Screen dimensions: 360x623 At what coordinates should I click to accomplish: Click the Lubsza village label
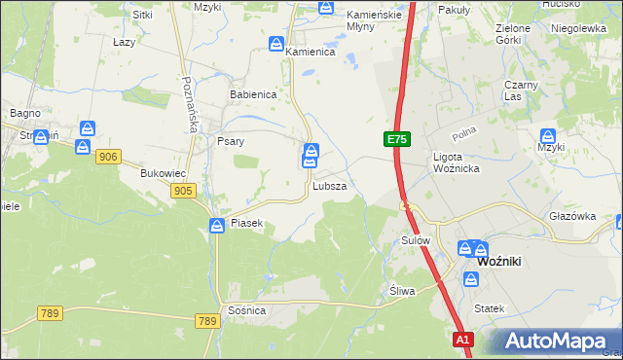pyautogui.click(x=329, y=185)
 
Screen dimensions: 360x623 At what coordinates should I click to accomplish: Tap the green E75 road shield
pyautogui.click(x=396, y=140)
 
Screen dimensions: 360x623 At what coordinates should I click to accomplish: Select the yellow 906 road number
pyautogui.click(x=108, y=157)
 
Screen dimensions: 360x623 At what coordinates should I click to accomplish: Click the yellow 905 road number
pyautogui.click(x=182, y=191)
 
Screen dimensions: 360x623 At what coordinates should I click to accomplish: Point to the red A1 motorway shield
pyautogui.click(x=463, y=340)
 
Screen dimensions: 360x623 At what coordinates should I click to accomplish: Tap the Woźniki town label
pyautogui.click(x=502, y=262)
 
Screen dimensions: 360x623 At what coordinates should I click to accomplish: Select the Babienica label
pyautogui.click(x=253, y=95)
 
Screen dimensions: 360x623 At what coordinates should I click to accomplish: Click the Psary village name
pyautogui.click(x=230, y=141)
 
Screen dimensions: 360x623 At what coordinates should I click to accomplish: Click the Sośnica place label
pyautogui.click(x=247, y=309)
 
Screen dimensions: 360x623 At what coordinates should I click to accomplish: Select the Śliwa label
pyautogui.click(x=402, y=291)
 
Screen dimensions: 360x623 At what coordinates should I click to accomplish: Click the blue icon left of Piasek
pyautogui.click(x=217, y=226)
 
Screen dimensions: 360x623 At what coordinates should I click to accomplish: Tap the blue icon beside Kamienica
pyautogui.click(x=276, y=45)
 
